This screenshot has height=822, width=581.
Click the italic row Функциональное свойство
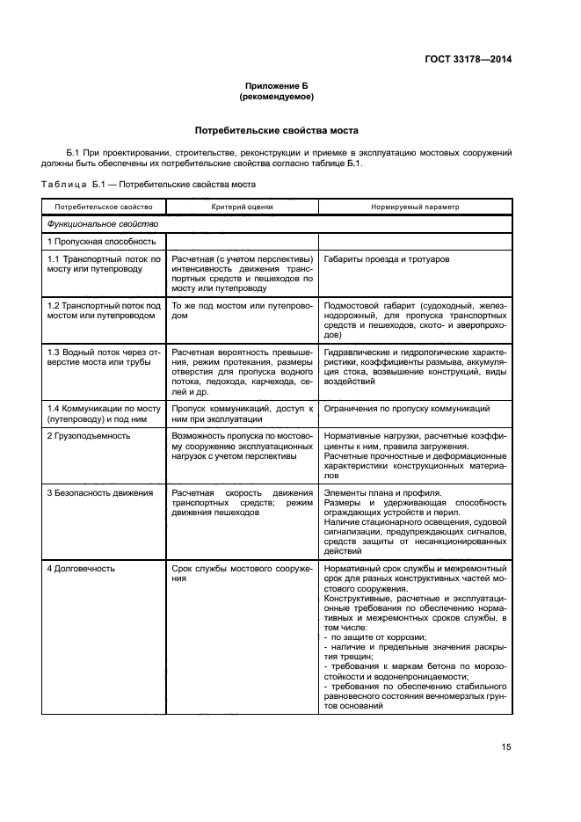(x=89, y=224)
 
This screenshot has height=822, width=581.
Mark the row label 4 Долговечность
(x=82, y=569)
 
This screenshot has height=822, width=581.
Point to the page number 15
(x=505, y=747)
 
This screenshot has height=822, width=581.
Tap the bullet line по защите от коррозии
(x=375, y=637)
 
